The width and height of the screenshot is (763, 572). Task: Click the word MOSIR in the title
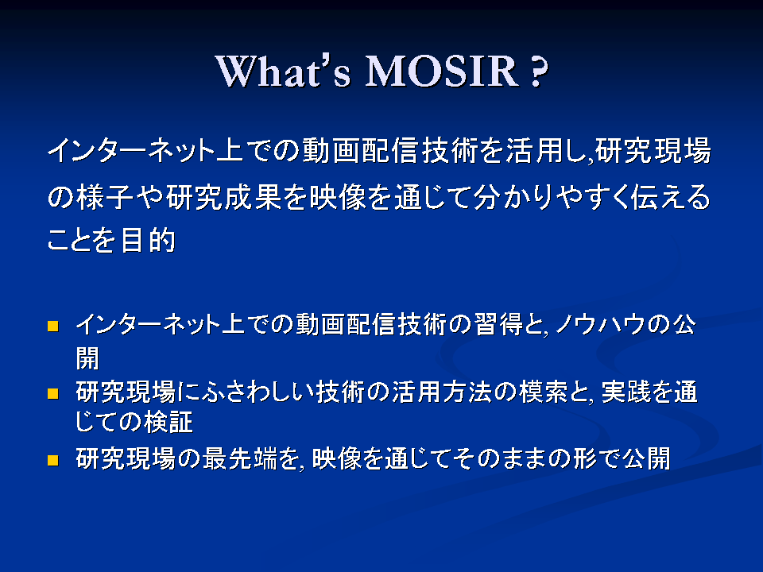443,71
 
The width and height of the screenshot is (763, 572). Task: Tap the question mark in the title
537,71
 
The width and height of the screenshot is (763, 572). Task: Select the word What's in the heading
283,71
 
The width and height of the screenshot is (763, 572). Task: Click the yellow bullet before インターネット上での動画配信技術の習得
52,326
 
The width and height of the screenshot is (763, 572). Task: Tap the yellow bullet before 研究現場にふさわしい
52,393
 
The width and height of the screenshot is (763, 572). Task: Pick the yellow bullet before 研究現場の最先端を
52,460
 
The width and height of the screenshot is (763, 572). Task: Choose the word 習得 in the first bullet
498,324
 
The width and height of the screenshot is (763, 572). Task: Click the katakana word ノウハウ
602,324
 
